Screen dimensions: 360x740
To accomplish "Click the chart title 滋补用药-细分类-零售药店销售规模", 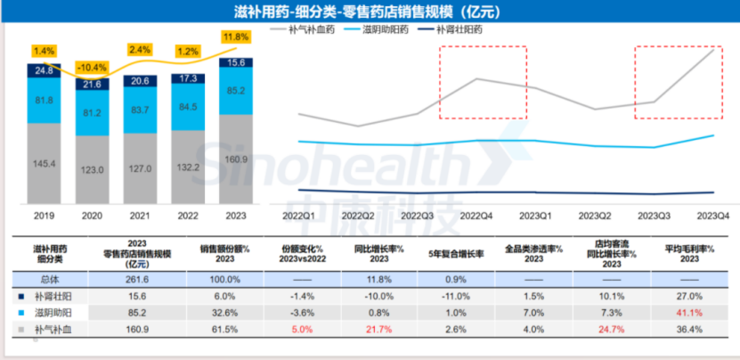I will click(x=370, y=11).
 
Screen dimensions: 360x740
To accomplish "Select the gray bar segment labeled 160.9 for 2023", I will click(x=236, y=161).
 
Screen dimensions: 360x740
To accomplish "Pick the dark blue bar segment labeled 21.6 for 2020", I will click(x=92, y=83).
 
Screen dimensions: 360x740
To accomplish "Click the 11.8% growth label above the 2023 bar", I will click(x=236, y=37).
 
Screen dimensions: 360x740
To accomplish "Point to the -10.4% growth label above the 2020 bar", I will click(x=92, y=67).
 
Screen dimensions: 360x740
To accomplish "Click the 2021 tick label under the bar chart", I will click(x=140, y=216).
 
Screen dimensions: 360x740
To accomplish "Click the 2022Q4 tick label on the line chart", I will click(x=478, y=216).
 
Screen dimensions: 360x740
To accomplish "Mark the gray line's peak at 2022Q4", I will click(x=478, y=78).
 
